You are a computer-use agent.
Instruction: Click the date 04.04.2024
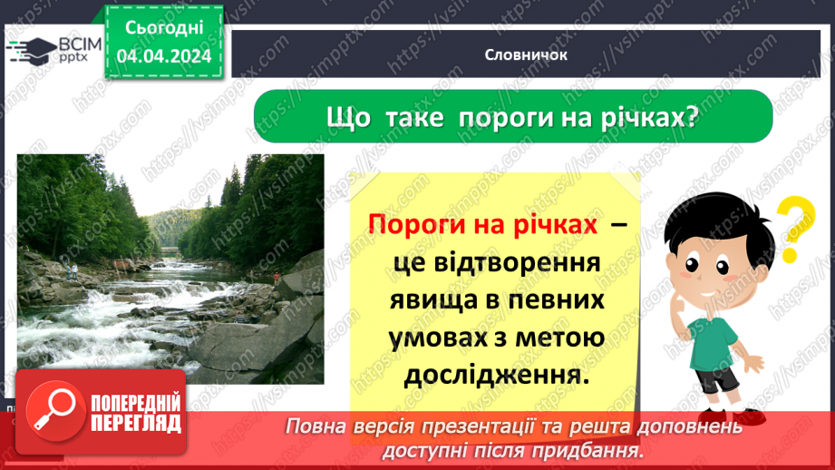(x=163, y=57)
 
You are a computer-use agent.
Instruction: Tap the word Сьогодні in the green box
(x=163, y=28)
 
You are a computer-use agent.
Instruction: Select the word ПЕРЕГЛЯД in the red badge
(x=135, y=422)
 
